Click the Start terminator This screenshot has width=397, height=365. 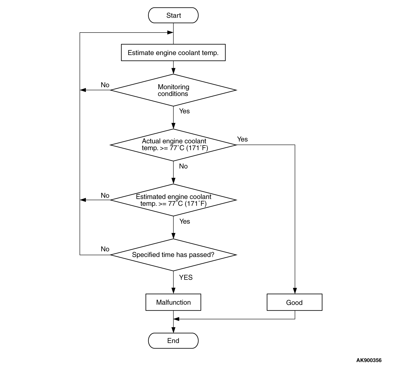click(x=173, y=15)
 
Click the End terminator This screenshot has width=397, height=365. click(x=173, y=341)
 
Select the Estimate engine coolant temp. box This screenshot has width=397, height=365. click(x=173, y=53)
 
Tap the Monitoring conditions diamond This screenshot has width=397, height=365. click(x=173, y=90)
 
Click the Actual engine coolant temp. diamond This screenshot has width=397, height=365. click(x=173, y=145)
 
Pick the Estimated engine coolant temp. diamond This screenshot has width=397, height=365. click(x=173, y=200)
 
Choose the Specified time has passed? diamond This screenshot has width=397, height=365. click(x=173, y=255)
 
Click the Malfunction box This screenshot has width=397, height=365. click(x=173, y=302)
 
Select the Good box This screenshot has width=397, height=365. click(x=294, y=302)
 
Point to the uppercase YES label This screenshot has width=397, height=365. click(x=186, y=277)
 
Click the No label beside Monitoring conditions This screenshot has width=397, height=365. click(x=105, y=85)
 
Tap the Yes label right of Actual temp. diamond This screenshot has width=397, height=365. click(x=242, y=139)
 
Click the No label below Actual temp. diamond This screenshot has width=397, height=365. click(x=183, y=166)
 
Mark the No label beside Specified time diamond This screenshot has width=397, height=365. click(x=105, y=249)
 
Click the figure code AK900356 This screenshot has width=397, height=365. click(x=369, y=360)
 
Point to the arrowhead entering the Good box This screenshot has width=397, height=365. click(x=295, y=291)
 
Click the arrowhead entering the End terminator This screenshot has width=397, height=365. click(x=173, y=330)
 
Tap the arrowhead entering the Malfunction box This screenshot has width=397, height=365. click(x=173, y=291)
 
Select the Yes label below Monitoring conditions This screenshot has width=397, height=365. click(x=184, y=111)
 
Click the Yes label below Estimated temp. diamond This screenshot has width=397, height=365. click(x=185, y=221)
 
